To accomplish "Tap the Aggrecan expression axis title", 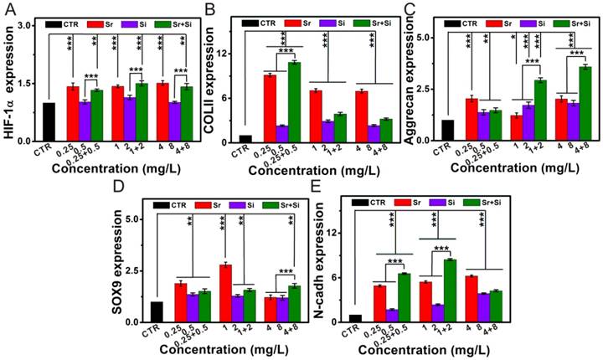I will [x=410, y=80].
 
